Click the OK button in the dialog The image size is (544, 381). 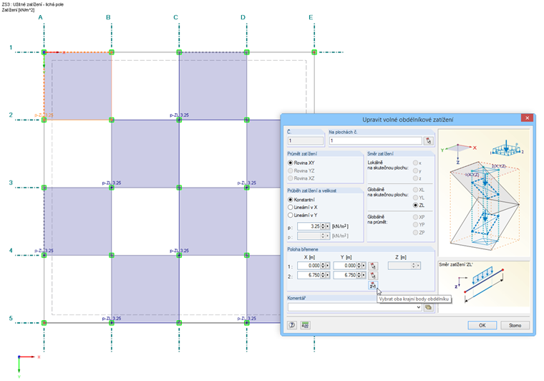click(x=482, y=324)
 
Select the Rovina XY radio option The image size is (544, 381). click(x=291, y=163)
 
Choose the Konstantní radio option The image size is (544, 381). click(x=291, y=199)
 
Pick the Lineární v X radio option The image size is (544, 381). click(x=291, y=207)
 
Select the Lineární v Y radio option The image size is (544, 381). click(x=291, y=214)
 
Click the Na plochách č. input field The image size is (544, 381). click(x=374, y=141)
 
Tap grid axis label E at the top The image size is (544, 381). click(x=311, y=17)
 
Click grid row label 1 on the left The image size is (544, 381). click(x=11, y=48)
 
